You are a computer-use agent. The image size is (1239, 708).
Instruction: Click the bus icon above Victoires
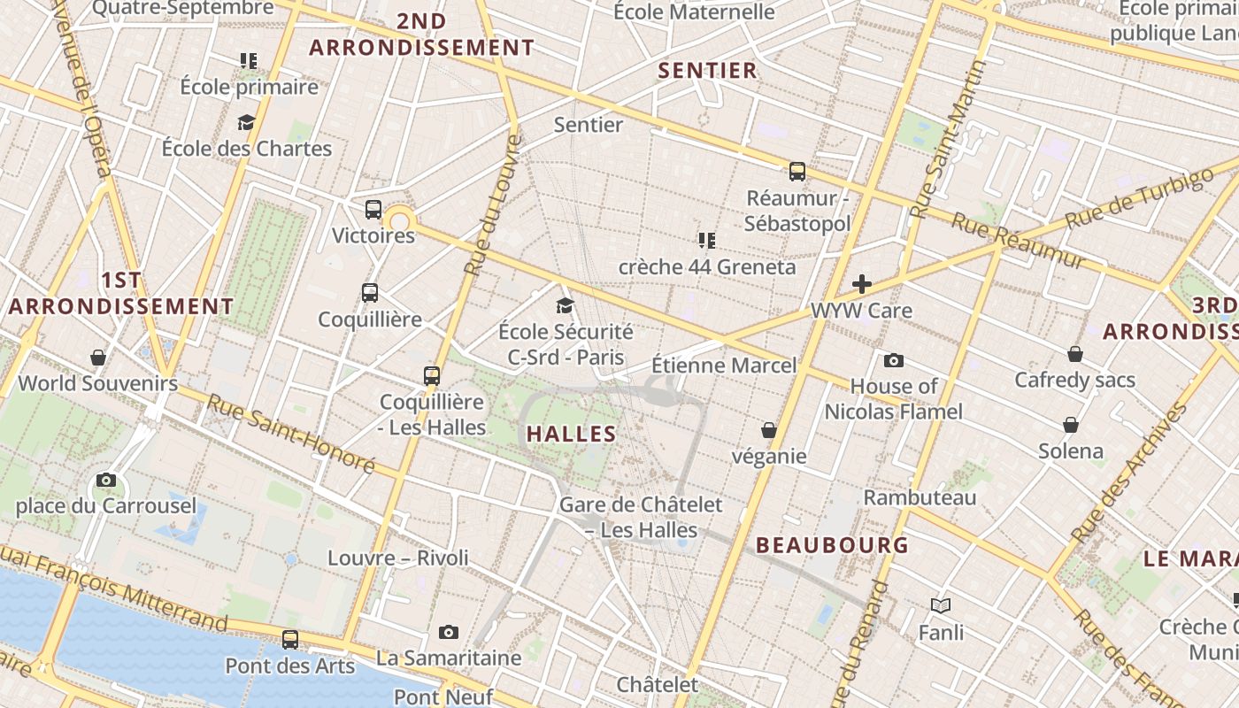[x=373, y=210]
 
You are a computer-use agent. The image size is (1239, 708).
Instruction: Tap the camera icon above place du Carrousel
[x=106, y=481]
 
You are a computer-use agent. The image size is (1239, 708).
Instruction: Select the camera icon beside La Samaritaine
[x=449, y=632]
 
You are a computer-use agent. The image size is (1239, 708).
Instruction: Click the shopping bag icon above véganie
[x=769, y=430]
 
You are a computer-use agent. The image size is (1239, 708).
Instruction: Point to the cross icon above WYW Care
[x=862, y=284]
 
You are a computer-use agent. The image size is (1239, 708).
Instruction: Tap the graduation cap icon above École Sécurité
[x=565, y=306]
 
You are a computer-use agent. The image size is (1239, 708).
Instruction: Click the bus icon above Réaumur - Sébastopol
[x=797, y=172]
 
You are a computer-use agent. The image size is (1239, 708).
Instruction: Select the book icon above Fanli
[x=940, y=606]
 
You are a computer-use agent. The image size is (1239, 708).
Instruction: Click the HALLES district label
[x=571, y=434]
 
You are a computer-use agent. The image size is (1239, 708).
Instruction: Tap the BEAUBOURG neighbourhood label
[x=832, y=545]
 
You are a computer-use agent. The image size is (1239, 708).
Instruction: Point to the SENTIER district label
[x=708, y=71]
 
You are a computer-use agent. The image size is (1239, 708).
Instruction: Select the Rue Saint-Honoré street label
[x=291, y=433]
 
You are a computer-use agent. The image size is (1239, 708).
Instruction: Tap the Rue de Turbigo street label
[x=1139, y=196]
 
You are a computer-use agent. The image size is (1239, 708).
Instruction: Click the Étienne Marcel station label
[x=724, y=365]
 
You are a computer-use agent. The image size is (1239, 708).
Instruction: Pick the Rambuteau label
[x=920, y=497]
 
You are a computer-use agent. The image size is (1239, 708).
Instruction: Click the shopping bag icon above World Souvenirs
[x=98, y=358]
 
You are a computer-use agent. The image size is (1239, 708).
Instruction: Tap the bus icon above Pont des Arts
[x=290, y=639]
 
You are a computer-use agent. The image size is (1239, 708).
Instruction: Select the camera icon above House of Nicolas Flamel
[x=894, y=360]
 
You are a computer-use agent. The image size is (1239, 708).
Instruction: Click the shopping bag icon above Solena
[x=1071, y=425]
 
